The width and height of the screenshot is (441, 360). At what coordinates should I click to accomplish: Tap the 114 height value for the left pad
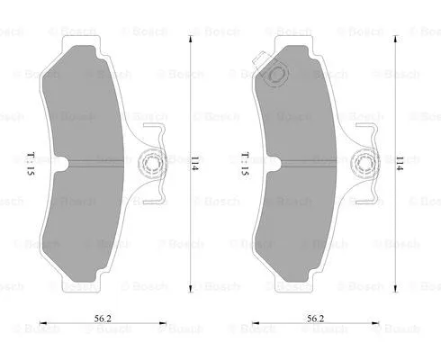[x=193, y=165]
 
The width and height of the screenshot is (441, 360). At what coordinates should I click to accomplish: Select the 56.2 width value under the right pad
[x=314, y=318]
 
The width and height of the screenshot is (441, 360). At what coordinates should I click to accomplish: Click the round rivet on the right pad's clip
[x=364, y=164]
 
